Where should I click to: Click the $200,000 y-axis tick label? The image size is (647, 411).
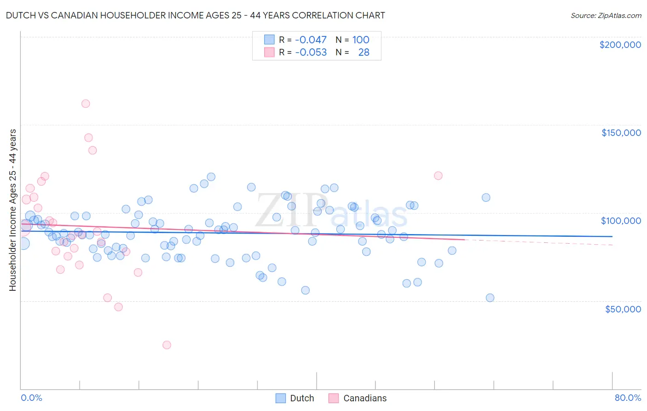click(620, 45)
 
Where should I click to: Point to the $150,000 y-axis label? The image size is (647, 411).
click(621, 133)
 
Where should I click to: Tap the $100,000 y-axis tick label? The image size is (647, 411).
click(621, 221)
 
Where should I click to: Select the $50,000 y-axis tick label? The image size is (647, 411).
click(623, 309)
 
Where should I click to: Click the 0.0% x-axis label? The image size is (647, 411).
click(31, 398)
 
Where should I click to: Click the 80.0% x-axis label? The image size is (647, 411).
click(628, 398)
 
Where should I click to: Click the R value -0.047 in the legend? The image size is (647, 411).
click(311, 40)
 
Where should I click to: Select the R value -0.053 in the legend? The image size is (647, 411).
click(311, 52)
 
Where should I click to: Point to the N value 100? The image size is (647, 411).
click(361, 40)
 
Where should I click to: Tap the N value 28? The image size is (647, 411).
click(364, 52)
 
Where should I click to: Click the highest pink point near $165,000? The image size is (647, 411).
click(86, 104)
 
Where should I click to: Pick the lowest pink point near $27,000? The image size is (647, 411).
click(167, 345)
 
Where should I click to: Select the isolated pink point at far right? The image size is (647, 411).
click(438, 176)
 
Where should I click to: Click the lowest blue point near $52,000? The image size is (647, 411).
click(490, 298)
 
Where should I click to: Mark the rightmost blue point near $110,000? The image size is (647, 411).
click(486, 197)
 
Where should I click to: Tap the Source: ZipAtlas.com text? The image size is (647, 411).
click(606, 15)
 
